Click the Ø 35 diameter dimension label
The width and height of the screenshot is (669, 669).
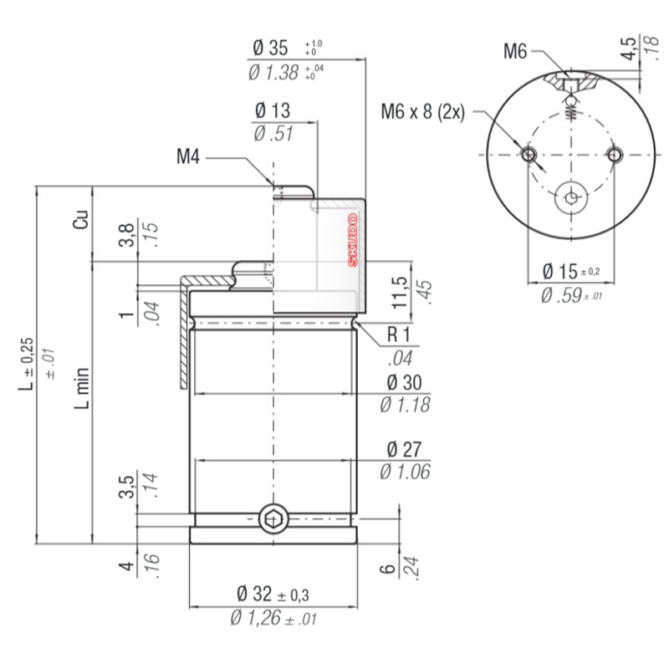point(270,48)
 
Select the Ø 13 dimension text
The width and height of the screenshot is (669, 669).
point(273,111)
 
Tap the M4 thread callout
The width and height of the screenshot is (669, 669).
point(188,156)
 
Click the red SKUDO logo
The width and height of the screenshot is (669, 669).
point(353,241)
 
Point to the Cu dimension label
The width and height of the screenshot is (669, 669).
point(81,219)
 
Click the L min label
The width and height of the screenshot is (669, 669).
point(81,388)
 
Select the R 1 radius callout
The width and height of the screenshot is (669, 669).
point(399,334)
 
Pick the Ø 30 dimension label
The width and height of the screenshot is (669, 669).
point(404,382)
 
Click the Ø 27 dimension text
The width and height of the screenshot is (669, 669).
point(404,449)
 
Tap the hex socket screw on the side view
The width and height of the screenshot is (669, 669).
point(273,519)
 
